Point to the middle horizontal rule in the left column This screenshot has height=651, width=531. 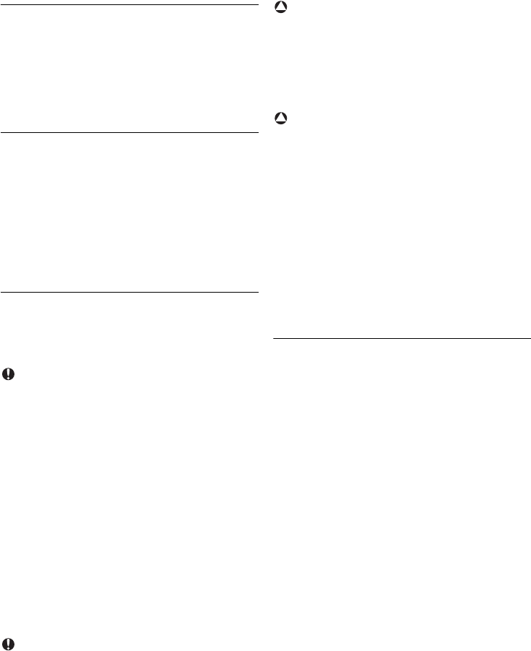(x=130, y=132)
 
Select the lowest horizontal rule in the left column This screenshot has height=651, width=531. (x=130, y=293)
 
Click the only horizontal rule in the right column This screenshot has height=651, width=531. (x=402, y=337)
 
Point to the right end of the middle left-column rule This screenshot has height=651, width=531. (x=257, y=132)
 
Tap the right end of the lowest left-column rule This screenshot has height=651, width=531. (x=257, y=293)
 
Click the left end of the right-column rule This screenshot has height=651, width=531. (x=275, y=337)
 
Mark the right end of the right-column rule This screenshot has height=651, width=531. (x=530, y=337)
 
